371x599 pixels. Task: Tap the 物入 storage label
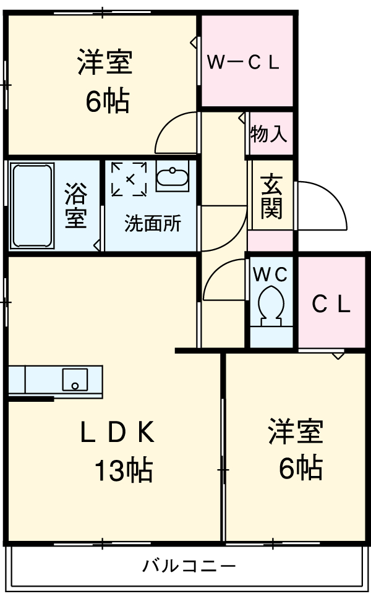click(269, 134)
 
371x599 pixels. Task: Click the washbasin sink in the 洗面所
click(172, 177)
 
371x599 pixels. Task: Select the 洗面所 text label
click(153, 223)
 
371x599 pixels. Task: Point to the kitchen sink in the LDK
click(75, 380)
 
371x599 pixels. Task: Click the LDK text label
click(117, 433)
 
